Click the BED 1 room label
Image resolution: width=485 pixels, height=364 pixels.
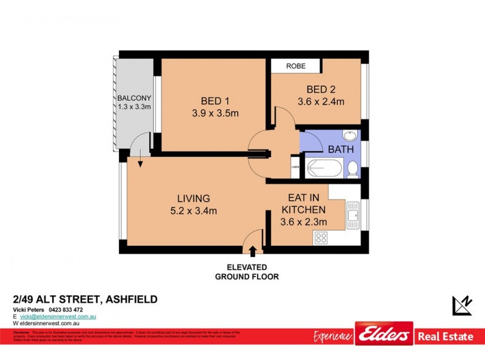(x=215, y=101)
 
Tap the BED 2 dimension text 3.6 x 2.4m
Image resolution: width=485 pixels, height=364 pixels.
(x=321, y=101)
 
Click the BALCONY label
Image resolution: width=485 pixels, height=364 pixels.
(x=134, y=98)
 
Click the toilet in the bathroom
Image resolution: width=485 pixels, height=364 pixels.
(x=352, y=168)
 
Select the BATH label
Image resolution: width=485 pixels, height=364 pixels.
(x=340, y=149)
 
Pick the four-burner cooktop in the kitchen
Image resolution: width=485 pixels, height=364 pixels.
(x=321, y=238)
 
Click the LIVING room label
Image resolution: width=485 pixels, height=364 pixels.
(x=193, y=198)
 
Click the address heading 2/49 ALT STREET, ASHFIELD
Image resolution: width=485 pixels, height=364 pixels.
(x=85, y=298)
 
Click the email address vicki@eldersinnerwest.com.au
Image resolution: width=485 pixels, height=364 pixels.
(x=58, y=317)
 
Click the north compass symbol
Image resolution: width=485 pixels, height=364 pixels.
(x=462, y=305)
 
